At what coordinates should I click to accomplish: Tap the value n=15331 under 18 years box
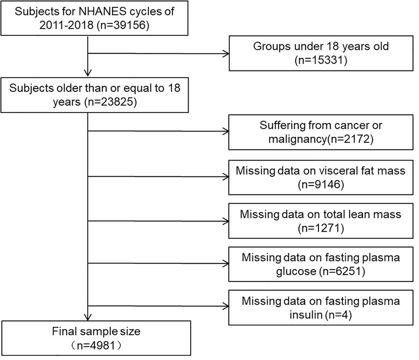[321, 60]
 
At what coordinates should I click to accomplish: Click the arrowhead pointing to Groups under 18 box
[226, 54]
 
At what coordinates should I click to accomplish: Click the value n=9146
[321, 184]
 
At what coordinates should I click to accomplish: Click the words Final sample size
[96, 331]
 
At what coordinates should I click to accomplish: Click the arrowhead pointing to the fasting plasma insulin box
[226, 306]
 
